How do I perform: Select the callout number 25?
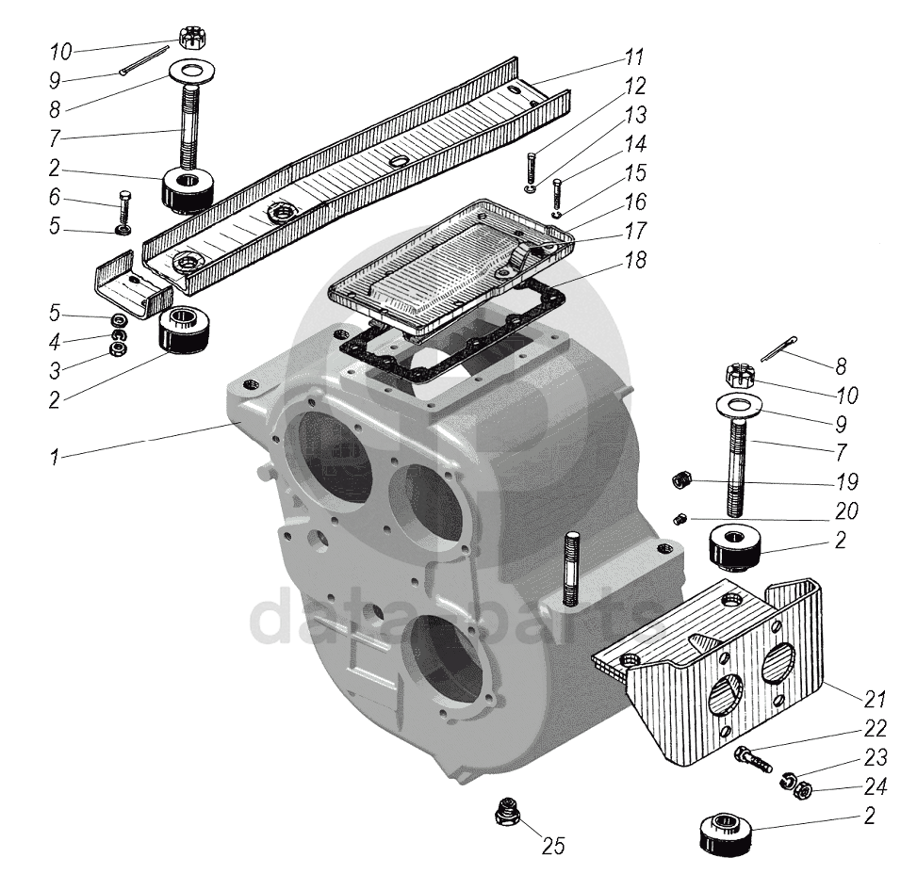click(x=553, y=846)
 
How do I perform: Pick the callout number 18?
click(x=636, y=261)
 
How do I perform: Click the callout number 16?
click(x=635, y=202)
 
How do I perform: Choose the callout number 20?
click(x=846, y=512)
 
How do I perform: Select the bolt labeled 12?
click(x=532, y=170)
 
